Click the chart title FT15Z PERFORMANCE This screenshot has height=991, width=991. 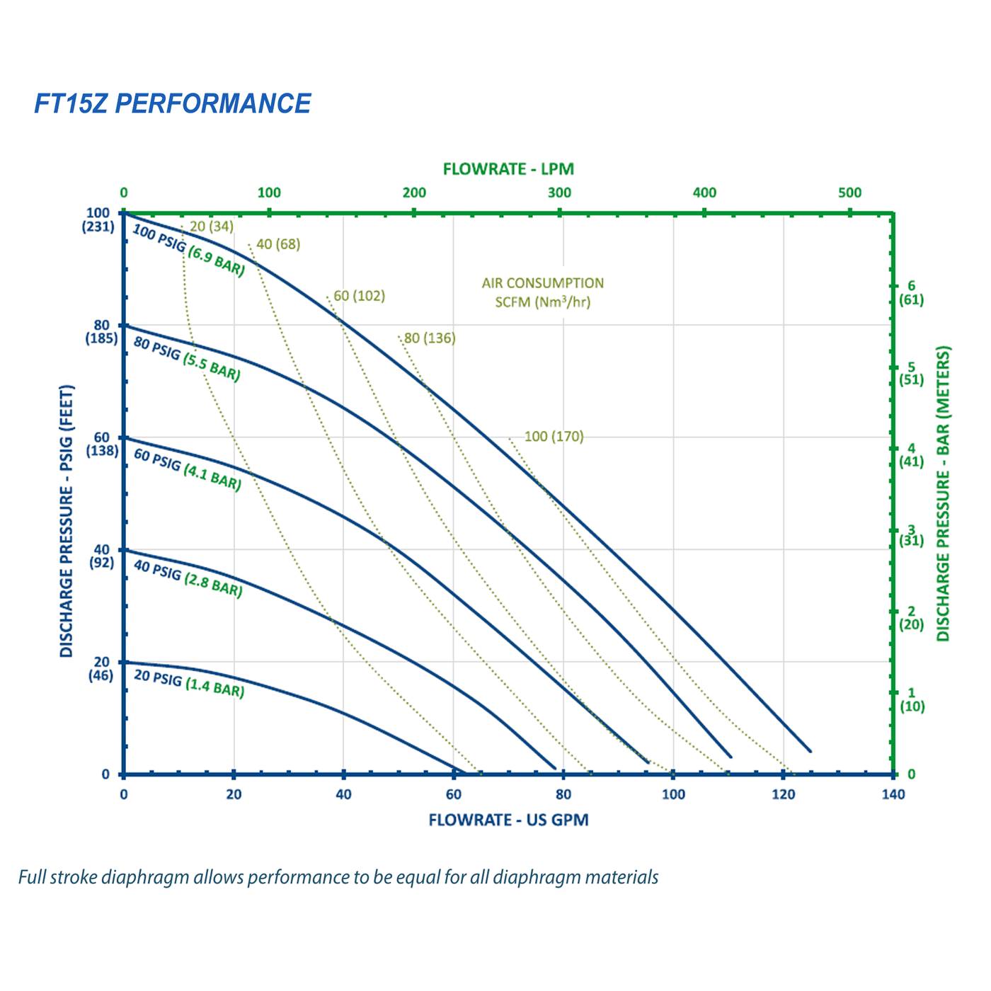click(172, 104)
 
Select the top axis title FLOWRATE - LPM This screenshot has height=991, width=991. click(508, 169)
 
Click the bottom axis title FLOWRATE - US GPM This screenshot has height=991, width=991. click(508, 820)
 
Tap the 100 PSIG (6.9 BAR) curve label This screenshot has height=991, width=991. click(188, 251)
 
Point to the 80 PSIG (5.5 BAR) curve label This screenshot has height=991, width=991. click(187, 360)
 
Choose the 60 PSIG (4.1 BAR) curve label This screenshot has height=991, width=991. click(188, 470)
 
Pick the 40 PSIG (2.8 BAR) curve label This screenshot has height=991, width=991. click(188, 579)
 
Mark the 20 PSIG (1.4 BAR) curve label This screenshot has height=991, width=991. click(189, 684)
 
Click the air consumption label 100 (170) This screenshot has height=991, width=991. click(554, 436)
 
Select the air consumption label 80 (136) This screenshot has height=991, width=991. click(430, 338)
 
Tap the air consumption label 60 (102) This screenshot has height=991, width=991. click(360, 296)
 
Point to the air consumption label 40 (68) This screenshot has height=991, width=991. click(278, 245)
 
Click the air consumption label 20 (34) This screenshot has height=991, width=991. click(211, 227)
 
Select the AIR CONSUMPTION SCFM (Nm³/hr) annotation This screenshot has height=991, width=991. click(543, 292)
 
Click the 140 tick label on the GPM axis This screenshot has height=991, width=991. click(893, 794)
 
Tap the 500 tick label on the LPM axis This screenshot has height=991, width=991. click(850, 193)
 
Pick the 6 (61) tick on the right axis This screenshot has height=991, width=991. click(911, 292)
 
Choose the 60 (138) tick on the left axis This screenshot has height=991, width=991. click(103, 444)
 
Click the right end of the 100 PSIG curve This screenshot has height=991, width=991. click(809, 750)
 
